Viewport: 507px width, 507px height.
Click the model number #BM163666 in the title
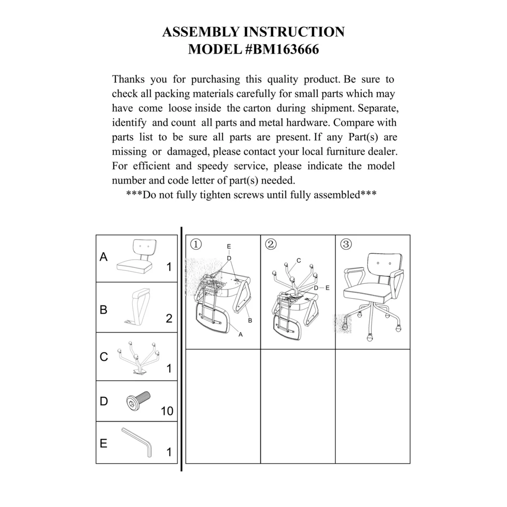282,50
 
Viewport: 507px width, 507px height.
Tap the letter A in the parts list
104,257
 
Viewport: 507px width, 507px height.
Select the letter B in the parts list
104,310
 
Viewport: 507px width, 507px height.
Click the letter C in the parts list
104,357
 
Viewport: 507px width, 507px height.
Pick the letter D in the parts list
104,401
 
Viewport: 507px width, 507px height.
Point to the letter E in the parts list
104,443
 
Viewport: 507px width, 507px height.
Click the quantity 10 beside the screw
167,411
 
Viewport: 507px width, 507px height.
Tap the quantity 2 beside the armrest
169,318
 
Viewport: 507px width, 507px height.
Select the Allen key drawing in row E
137,442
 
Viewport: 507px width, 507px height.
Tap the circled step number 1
196,244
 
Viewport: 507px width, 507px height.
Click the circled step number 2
271,244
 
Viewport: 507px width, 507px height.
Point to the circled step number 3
346,244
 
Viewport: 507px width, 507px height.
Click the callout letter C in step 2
299,260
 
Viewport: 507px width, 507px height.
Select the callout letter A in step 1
240,334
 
